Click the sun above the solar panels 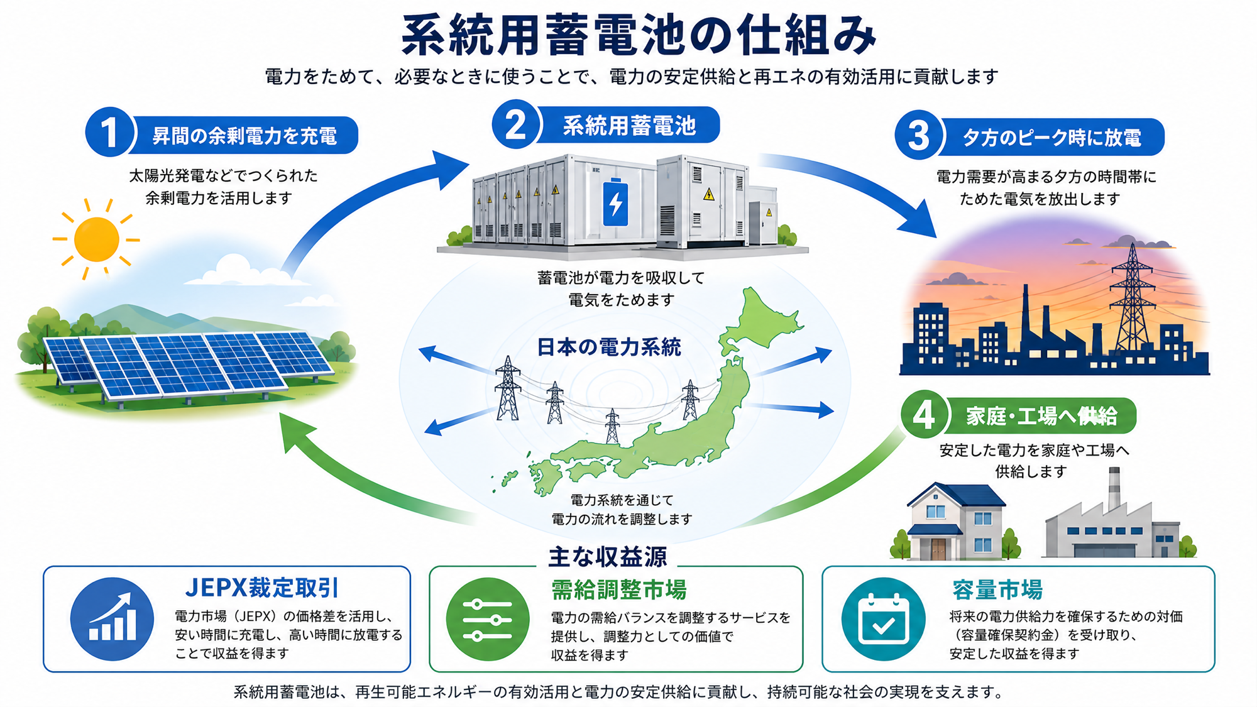(x=96, y=239)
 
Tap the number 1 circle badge (x=110, y=133)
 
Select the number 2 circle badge (x=516, y=124)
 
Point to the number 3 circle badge (x=919, y=135)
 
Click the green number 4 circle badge (x=924, y=415)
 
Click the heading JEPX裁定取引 (x=262, y=588)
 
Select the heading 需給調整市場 (x=618, y=590)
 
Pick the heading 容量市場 (x=997, y=590)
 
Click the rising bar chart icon (x=112, y=619)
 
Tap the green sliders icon (x=487, y=620)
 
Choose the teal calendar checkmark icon (x=883, y=619)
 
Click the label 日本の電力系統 (x=608, y=348)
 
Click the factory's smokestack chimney (x=1114, y=488)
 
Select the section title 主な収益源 (x=608, y=557)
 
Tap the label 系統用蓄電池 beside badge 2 (x=629, y=126)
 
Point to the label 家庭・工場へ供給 (x=1041, y=416)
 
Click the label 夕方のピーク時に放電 (x=1052, y=138)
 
